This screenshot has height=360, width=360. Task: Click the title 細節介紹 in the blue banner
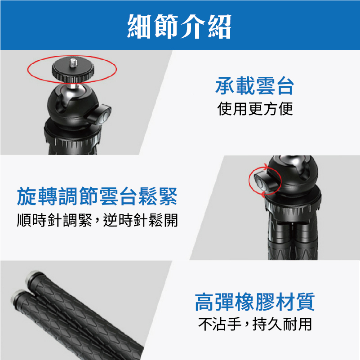[179, 26]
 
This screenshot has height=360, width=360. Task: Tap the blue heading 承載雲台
[255, 86]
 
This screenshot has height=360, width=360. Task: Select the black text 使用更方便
[255, 109]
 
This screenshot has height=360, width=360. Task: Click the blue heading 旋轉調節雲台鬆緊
[97, 196]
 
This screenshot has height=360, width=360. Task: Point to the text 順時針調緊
[55, 220]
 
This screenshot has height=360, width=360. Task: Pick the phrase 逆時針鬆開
[141, 220]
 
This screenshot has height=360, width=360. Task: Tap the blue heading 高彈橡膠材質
[255, 302]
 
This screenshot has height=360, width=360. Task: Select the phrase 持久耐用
[282, 324]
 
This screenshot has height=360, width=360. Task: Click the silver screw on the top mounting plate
[73, 63]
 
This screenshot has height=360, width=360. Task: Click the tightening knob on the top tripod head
[100, 115]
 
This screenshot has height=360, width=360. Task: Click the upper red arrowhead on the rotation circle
[266, 167]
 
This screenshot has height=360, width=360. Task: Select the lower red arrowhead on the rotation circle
[263, 195]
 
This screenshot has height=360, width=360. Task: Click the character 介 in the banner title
[192, 26]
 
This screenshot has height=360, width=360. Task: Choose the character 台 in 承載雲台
[285, 86]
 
